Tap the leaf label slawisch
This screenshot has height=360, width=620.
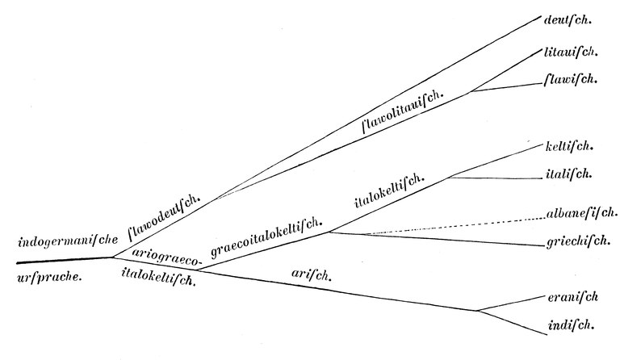tap(572, 79)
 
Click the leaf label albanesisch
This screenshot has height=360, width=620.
tap(575, 216)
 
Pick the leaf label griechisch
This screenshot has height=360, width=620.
tap(575, 243)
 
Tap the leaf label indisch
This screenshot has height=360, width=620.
tap(569, 325)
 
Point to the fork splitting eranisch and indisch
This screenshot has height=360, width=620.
tap(477, 311)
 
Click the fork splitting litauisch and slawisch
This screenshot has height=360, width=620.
tap(471, 91)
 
